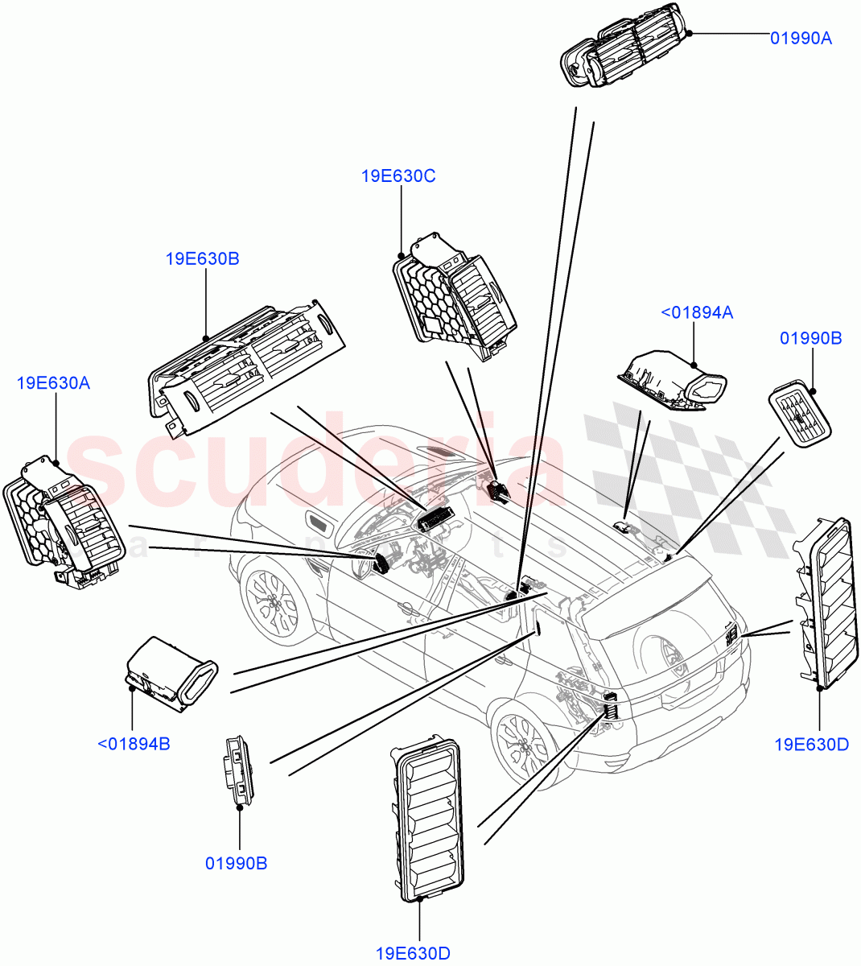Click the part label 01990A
point(801,38)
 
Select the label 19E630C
point(398,176)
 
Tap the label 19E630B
point(202,259)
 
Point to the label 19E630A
point(53,383)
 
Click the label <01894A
point(696,313)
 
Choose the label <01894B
point(134,744)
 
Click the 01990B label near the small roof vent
point(810,339)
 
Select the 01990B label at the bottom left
point(236,864)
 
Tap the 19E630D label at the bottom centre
point(414,954)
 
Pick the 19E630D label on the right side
point(811,745)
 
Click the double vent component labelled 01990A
point(624,55)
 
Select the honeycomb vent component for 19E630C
point(455,298)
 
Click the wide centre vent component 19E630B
point(245,366)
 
